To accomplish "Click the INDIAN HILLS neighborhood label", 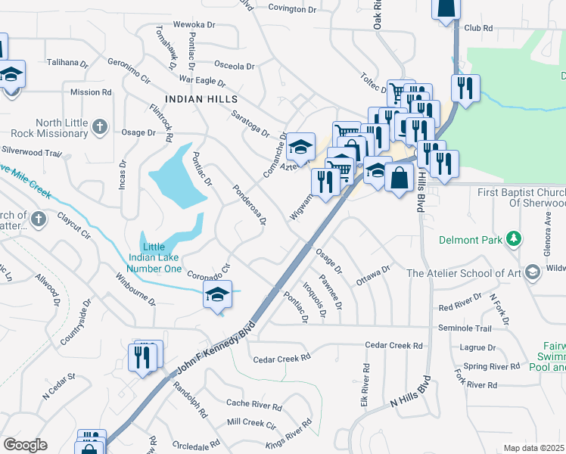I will [x=201, y=99].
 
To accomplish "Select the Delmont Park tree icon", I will [x=515, y=240].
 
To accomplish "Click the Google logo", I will [x=25, y=445].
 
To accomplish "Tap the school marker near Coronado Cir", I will [x=217, y=295].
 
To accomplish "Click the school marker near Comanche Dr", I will [x=300, y=147].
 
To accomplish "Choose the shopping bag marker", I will [x=399, y=179].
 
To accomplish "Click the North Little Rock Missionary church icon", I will [x=100, y=128].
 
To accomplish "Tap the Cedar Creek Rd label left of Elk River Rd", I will [x=281, y=359].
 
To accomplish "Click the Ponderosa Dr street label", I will [x=250, y=204].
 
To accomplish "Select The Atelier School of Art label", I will [x=465, y=273].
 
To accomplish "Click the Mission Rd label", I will [x=90, y=92].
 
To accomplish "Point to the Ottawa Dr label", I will [x=373, y=273].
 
